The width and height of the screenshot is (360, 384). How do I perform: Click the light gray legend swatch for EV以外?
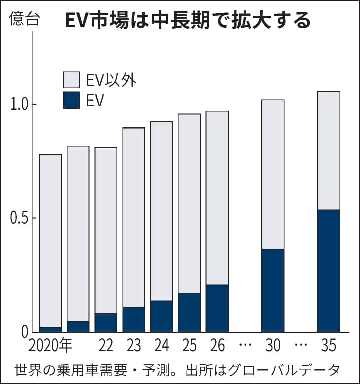pos(71,80)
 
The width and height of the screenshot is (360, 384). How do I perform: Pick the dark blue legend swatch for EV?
pos(71,100)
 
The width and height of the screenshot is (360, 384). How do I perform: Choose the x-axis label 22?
pos(106,346)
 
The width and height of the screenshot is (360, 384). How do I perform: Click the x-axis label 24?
pos(161,346)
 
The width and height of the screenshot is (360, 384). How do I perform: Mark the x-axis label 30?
pos(273,346)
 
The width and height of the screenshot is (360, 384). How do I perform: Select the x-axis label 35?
pos(328,346)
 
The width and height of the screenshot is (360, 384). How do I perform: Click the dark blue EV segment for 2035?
pos(328,271)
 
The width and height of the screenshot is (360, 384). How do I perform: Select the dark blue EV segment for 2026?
pos(217,308)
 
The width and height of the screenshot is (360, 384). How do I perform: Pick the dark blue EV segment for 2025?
pos(189,312)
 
